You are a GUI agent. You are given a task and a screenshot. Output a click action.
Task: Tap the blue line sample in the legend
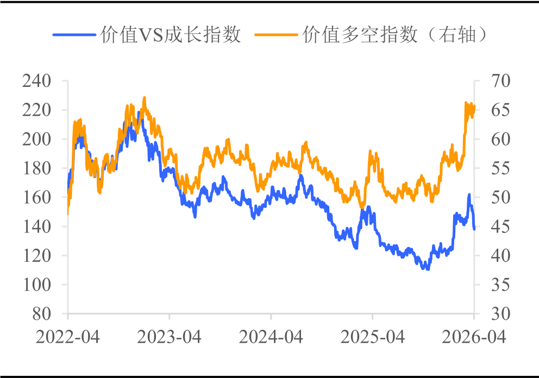74,35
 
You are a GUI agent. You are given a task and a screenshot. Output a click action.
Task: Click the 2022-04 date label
68,337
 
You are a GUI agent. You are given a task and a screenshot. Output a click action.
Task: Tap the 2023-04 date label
170,337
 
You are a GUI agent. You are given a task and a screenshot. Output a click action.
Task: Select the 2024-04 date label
271,337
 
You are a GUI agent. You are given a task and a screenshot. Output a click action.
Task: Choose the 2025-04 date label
373,337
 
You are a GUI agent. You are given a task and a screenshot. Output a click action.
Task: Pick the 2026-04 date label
474,337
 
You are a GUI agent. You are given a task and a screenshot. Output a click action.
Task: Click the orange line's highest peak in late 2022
145,98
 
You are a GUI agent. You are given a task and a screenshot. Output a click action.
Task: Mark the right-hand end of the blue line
474,229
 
